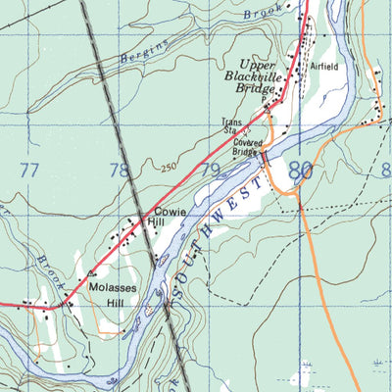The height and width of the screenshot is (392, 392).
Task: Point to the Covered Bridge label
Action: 247,147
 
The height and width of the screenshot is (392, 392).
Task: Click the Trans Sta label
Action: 230,127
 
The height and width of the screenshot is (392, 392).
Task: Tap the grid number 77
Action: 29,171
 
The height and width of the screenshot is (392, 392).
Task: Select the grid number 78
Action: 119,171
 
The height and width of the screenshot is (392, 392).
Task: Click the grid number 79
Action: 209,171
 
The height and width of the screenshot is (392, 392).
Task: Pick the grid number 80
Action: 300,171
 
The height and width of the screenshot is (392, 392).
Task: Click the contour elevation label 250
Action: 170,168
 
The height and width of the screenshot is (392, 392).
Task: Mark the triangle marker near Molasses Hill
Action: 91,273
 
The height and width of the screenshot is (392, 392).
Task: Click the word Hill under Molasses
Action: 102,303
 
